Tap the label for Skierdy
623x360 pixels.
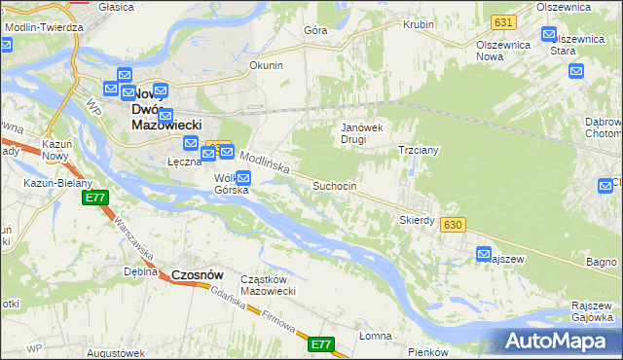click(417, 220)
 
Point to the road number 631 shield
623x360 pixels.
click(502, 21)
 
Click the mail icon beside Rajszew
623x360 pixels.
click(484, 254)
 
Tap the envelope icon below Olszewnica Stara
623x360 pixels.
click(576, 70)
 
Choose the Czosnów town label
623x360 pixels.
click(200, 275)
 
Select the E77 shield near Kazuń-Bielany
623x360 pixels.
click(94, 198)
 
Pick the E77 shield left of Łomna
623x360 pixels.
click(321, 344)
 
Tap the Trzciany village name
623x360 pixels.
click(421, 151)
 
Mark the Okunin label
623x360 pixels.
click(266, 65)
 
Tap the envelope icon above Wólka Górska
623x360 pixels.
click(243, 177)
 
